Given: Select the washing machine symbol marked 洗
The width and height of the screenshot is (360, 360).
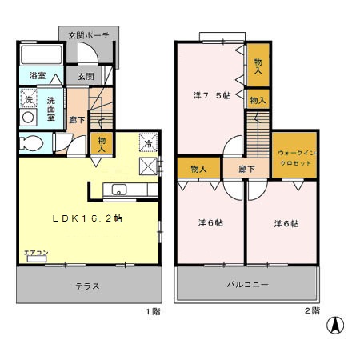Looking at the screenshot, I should click(x=26, y=102).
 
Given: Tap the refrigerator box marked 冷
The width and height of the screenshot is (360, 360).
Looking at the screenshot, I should click(x=148, y=143).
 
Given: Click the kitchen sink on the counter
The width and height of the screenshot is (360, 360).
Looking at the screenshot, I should click(x=118, y=190).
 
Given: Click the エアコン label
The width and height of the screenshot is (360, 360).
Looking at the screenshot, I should click(x=34, y=253).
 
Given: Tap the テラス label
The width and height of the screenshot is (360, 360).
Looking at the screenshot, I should click(x=87, y=286).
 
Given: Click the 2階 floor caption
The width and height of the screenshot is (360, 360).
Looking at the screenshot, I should click(x=311, y=310).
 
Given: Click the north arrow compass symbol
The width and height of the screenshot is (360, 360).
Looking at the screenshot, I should click(x=337, y=326).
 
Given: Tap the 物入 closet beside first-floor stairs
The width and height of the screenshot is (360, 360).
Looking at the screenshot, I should click(x=102, y=143).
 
